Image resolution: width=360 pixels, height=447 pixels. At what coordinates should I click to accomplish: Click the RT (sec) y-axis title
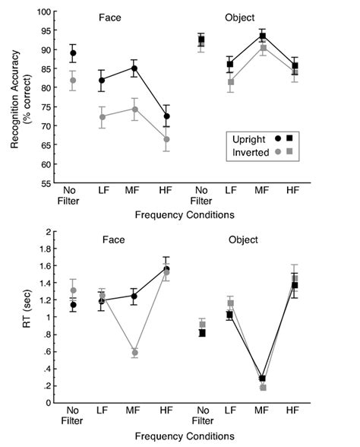pos(31,316)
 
